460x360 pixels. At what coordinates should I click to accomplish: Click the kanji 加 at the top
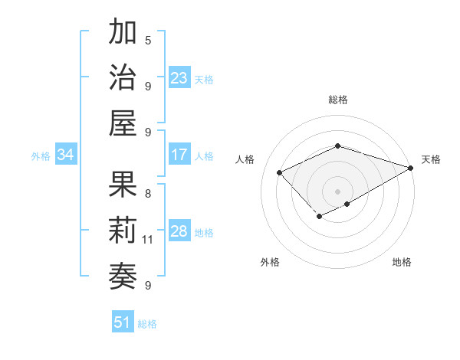[123, 33]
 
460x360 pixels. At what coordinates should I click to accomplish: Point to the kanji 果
[123, 185]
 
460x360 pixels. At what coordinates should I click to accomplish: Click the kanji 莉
[123, 231]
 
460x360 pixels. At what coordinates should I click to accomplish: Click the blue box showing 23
[179, 78]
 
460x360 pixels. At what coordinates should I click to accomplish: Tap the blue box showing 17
[179, 155]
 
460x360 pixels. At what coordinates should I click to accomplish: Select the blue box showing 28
[179, 231]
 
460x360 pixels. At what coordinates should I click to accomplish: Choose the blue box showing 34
[66, 155]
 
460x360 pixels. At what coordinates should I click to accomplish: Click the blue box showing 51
[123, 322]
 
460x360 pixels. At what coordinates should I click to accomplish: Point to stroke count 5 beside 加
[148, 40]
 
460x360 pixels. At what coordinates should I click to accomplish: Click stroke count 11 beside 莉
[148, 240]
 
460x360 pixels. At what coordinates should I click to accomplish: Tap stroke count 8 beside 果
[148, 193]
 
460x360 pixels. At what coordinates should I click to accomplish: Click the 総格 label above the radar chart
[338, 100]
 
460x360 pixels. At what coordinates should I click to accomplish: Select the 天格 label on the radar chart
[431, 159]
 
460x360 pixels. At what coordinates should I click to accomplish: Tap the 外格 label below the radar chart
[270, 262]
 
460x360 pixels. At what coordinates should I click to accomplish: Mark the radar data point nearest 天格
[412, 167]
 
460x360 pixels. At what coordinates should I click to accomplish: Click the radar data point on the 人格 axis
[280, 172]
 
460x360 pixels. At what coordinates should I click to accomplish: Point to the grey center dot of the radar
[337, 191]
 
